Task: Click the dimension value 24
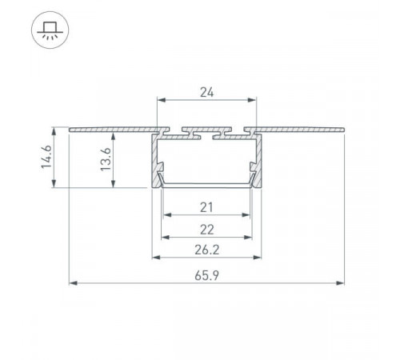click(x=207, y=92)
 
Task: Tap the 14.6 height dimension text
click(x=46, y=157)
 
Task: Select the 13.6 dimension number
click(x=106, y=159)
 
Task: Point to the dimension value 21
click(x=206, y=207)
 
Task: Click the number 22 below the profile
click(x=207, y=230)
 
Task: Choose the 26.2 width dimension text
click(x=207, y=250)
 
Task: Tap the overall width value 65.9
click(x=207, y=275)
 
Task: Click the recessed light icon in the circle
click(x=50, y=30)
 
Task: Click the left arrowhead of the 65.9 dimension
click(x=73, y=283)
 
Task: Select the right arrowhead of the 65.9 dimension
click(x=341, y=283)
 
